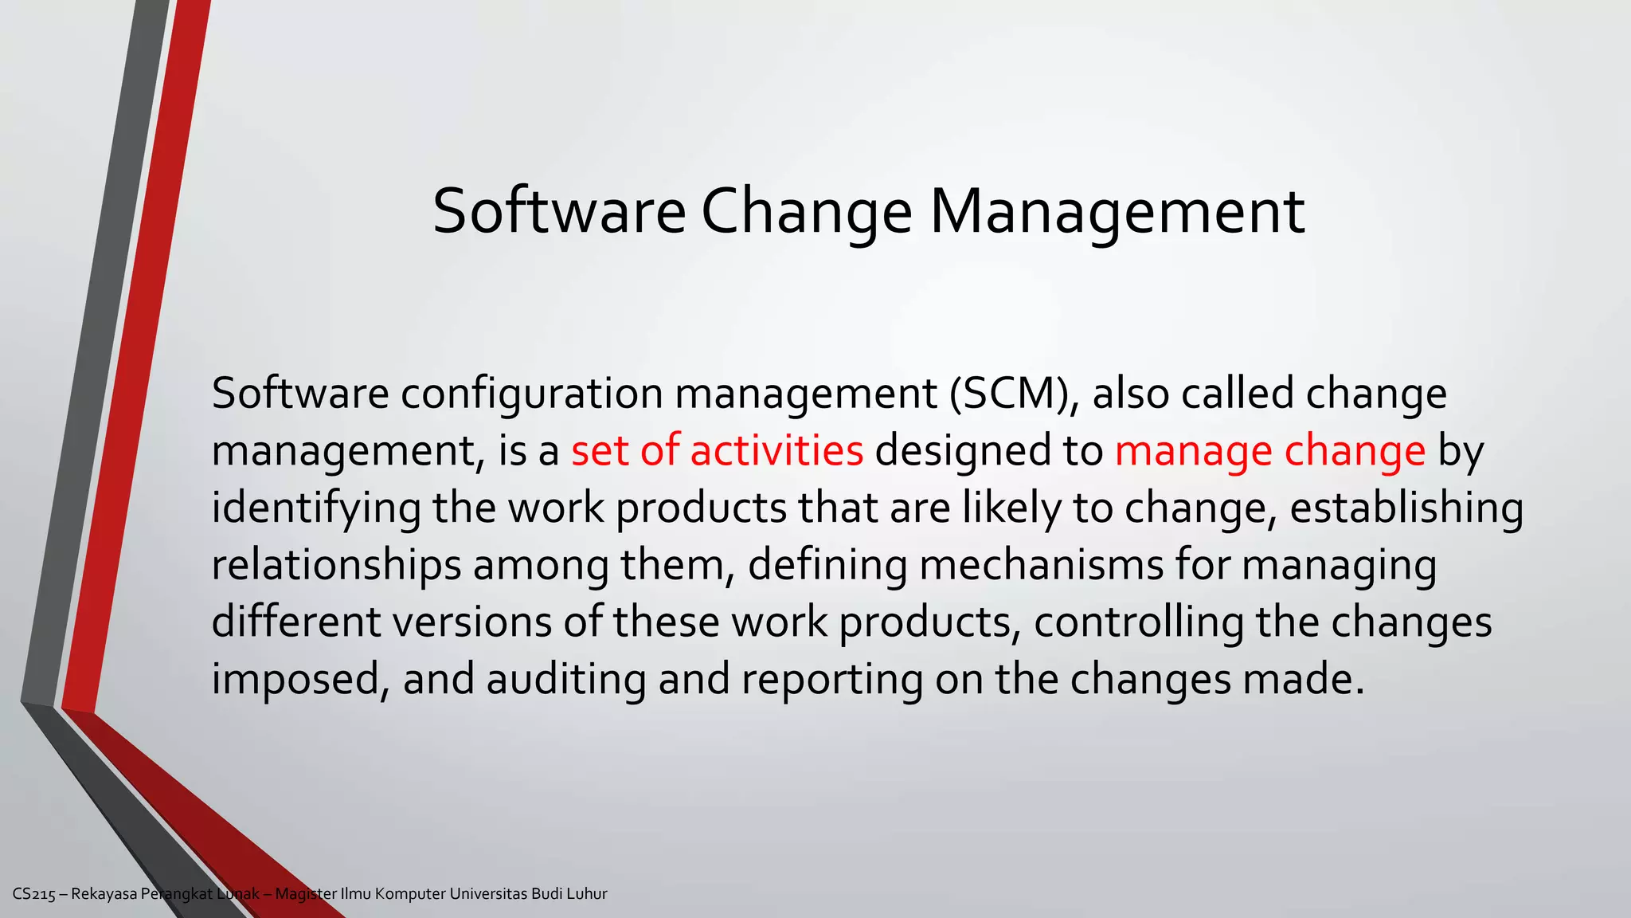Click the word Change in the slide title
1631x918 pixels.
(x=806, y=212)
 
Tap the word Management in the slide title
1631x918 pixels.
(x=1117, y=212)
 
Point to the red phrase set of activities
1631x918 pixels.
(x=717, y=451)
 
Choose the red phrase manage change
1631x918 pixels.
(x=1269, y=451)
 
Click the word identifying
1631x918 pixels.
(x=315, y=508)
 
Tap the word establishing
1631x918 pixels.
(x=1406, y=508)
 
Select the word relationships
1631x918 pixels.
(x=336, y=565)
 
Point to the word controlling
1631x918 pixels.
(x=1139, y=622)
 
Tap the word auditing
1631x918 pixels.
(x=565, y=680)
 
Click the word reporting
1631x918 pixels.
(x=831, y=680)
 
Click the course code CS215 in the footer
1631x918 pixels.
(x=34, y=894)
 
